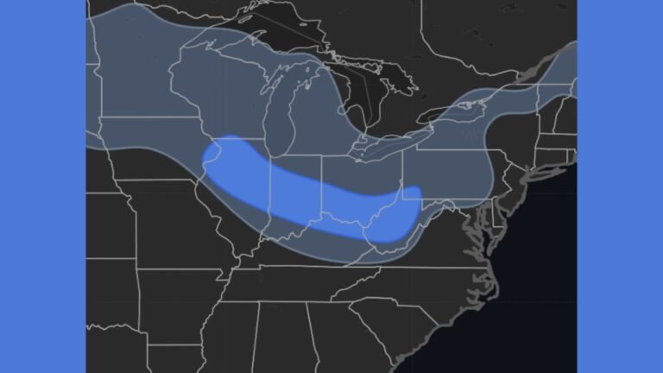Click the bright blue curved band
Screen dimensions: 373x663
[302, 199]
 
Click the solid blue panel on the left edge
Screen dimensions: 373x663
[42, 186]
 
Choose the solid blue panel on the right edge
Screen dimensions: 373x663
[620, 186]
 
